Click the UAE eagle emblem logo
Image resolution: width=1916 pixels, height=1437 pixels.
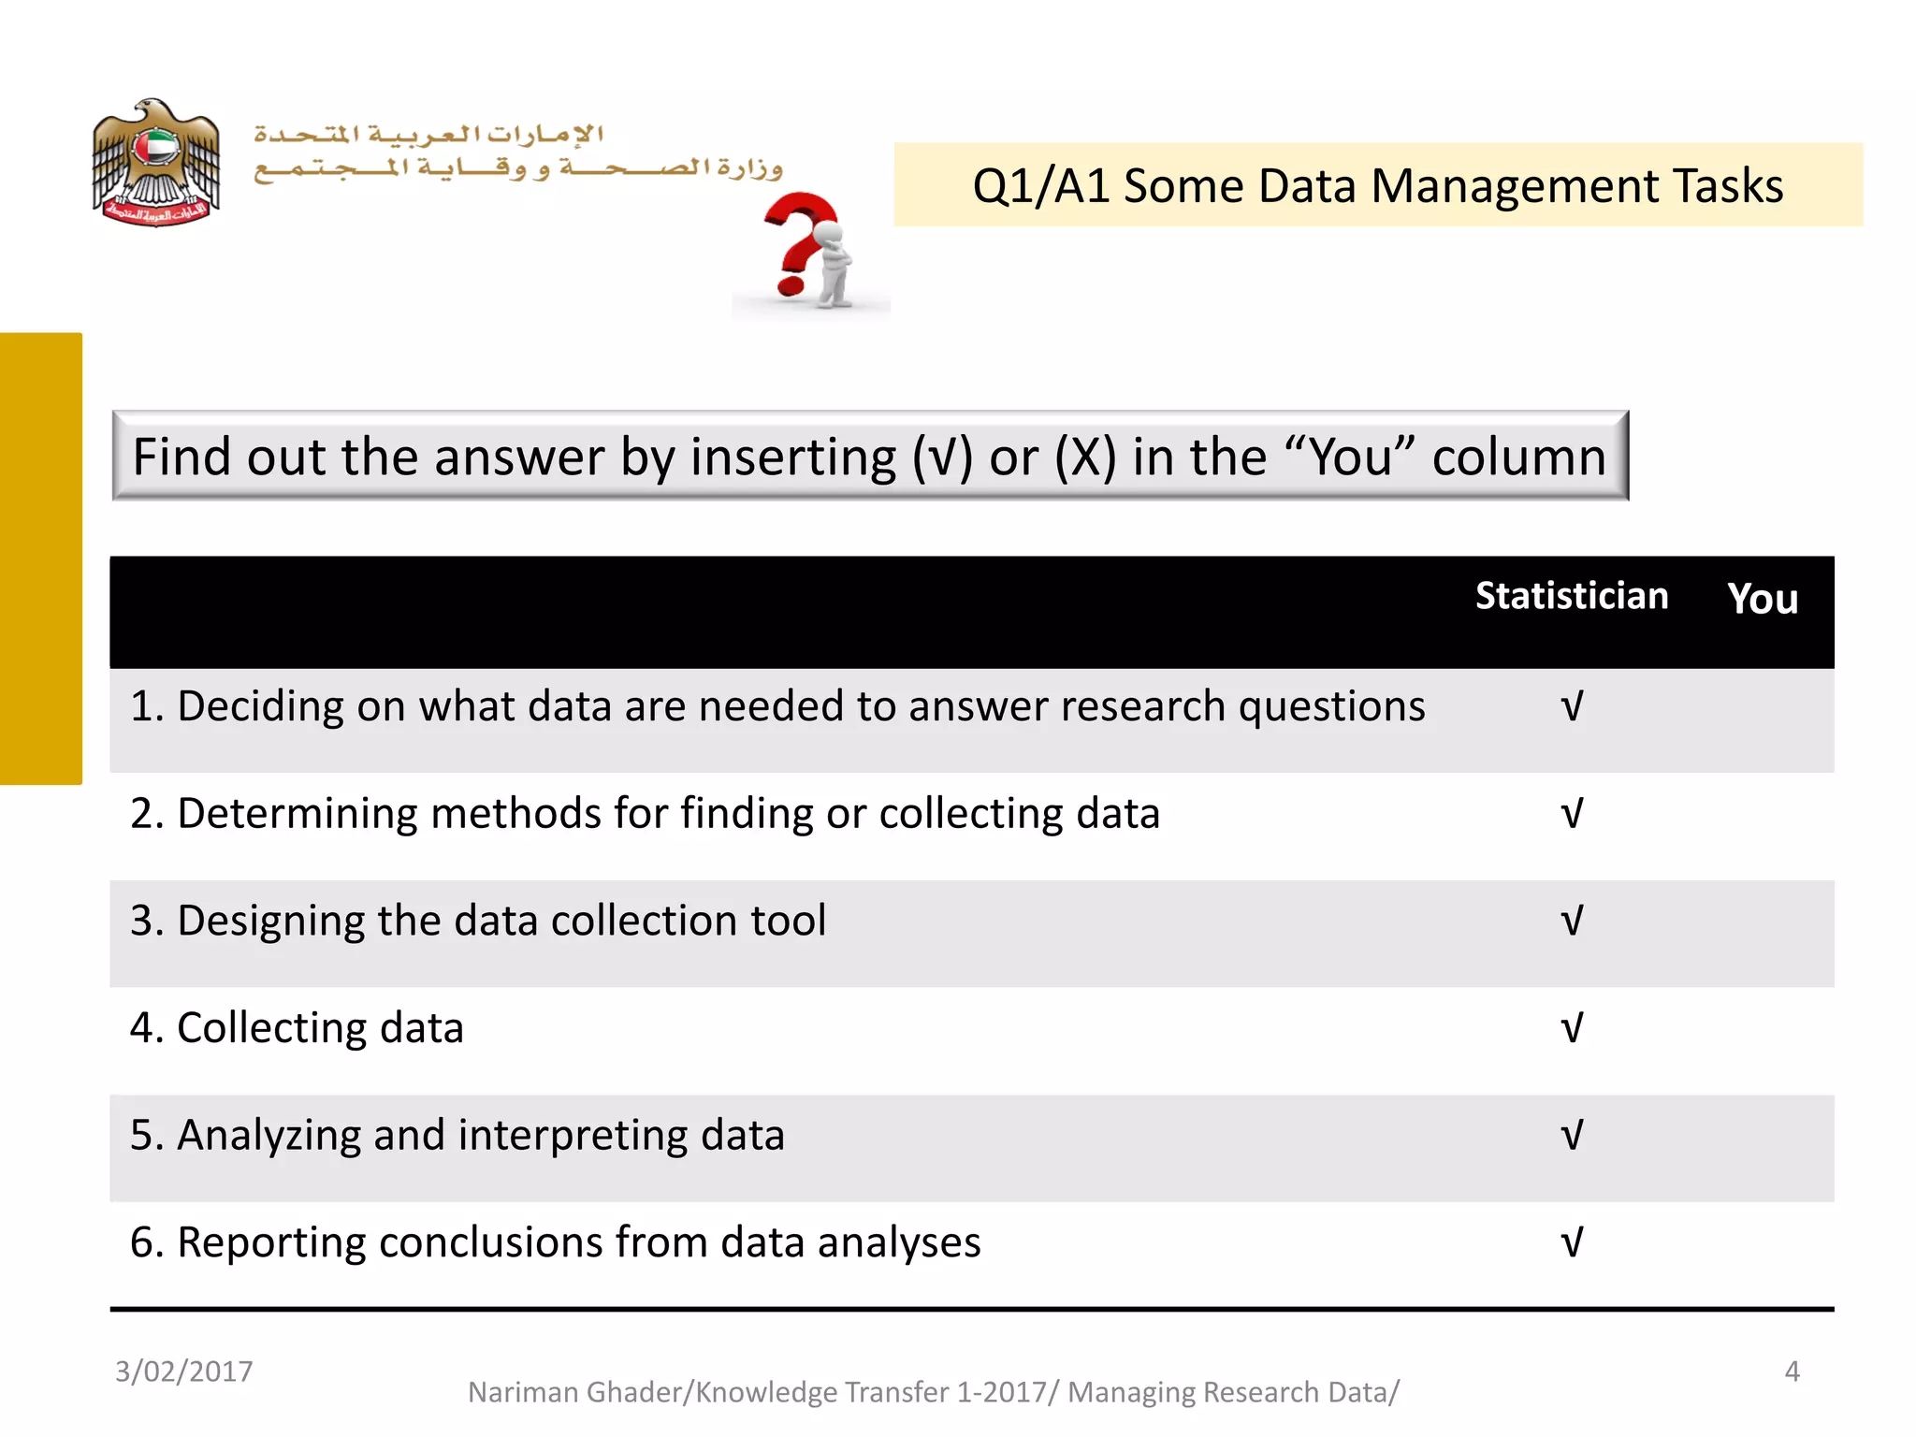tap(156, 162)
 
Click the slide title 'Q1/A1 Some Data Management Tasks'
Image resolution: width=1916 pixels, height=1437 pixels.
tap(1377, 185)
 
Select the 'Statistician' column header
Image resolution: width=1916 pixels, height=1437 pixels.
tap(1572, 596)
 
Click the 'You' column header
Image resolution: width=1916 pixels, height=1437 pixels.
tap(1763, 599)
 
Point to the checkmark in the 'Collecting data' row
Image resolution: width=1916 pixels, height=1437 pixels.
tap(1572, 1028)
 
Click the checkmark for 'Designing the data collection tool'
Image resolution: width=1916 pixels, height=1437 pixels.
tap(1572, 921)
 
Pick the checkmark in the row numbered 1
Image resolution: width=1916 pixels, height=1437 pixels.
tap(1572, 706)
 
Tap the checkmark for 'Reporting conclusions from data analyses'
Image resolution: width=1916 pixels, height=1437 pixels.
tap(1572, 1242)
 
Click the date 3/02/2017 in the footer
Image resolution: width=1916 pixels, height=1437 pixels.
tap(184, 1372)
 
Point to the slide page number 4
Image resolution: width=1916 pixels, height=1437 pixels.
tap(1792, 1372)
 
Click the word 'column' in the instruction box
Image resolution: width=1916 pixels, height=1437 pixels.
tap(1518, 457)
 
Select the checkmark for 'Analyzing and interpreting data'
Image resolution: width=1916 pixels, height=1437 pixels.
tap(1572, 1136)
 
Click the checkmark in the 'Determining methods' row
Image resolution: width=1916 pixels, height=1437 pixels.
tap(1572, 814)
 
